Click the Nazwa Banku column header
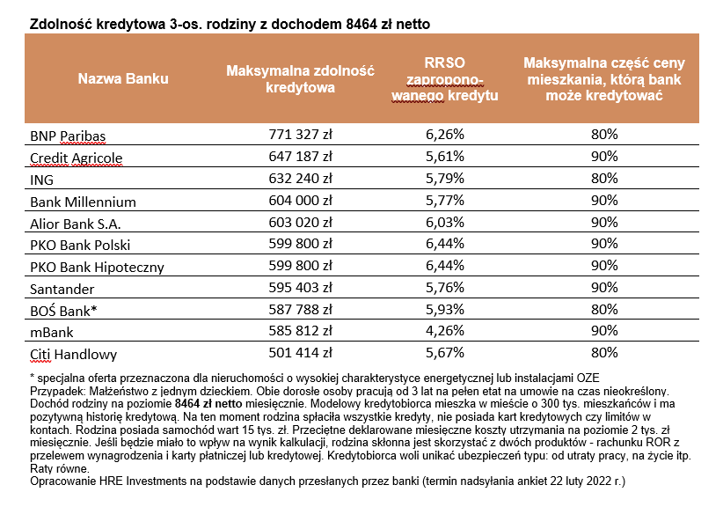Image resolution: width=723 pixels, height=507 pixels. pos(123,78)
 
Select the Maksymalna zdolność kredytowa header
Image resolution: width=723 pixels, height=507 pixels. pos(301,78)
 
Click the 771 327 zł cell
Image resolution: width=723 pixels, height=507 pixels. pos(300,136)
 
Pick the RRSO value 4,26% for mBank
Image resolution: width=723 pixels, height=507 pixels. pos(444,333)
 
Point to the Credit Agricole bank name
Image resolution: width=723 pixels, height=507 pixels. pos(77,158)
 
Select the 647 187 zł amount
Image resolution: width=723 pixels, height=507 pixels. pos(300,158)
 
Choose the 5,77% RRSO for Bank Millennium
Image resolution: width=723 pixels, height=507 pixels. pos(444,202)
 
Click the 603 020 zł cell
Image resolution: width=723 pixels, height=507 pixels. pos(300,224)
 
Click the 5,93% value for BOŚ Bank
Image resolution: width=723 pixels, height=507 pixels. pos(444,311)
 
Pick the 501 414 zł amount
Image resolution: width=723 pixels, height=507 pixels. pos(300,355)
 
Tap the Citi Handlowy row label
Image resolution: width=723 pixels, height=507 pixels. pos(73,355)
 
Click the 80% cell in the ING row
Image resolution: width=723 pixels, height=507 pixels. pos(604,180)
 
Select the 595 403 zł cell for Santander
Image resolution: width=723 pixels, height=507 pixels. pos(300,289)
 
